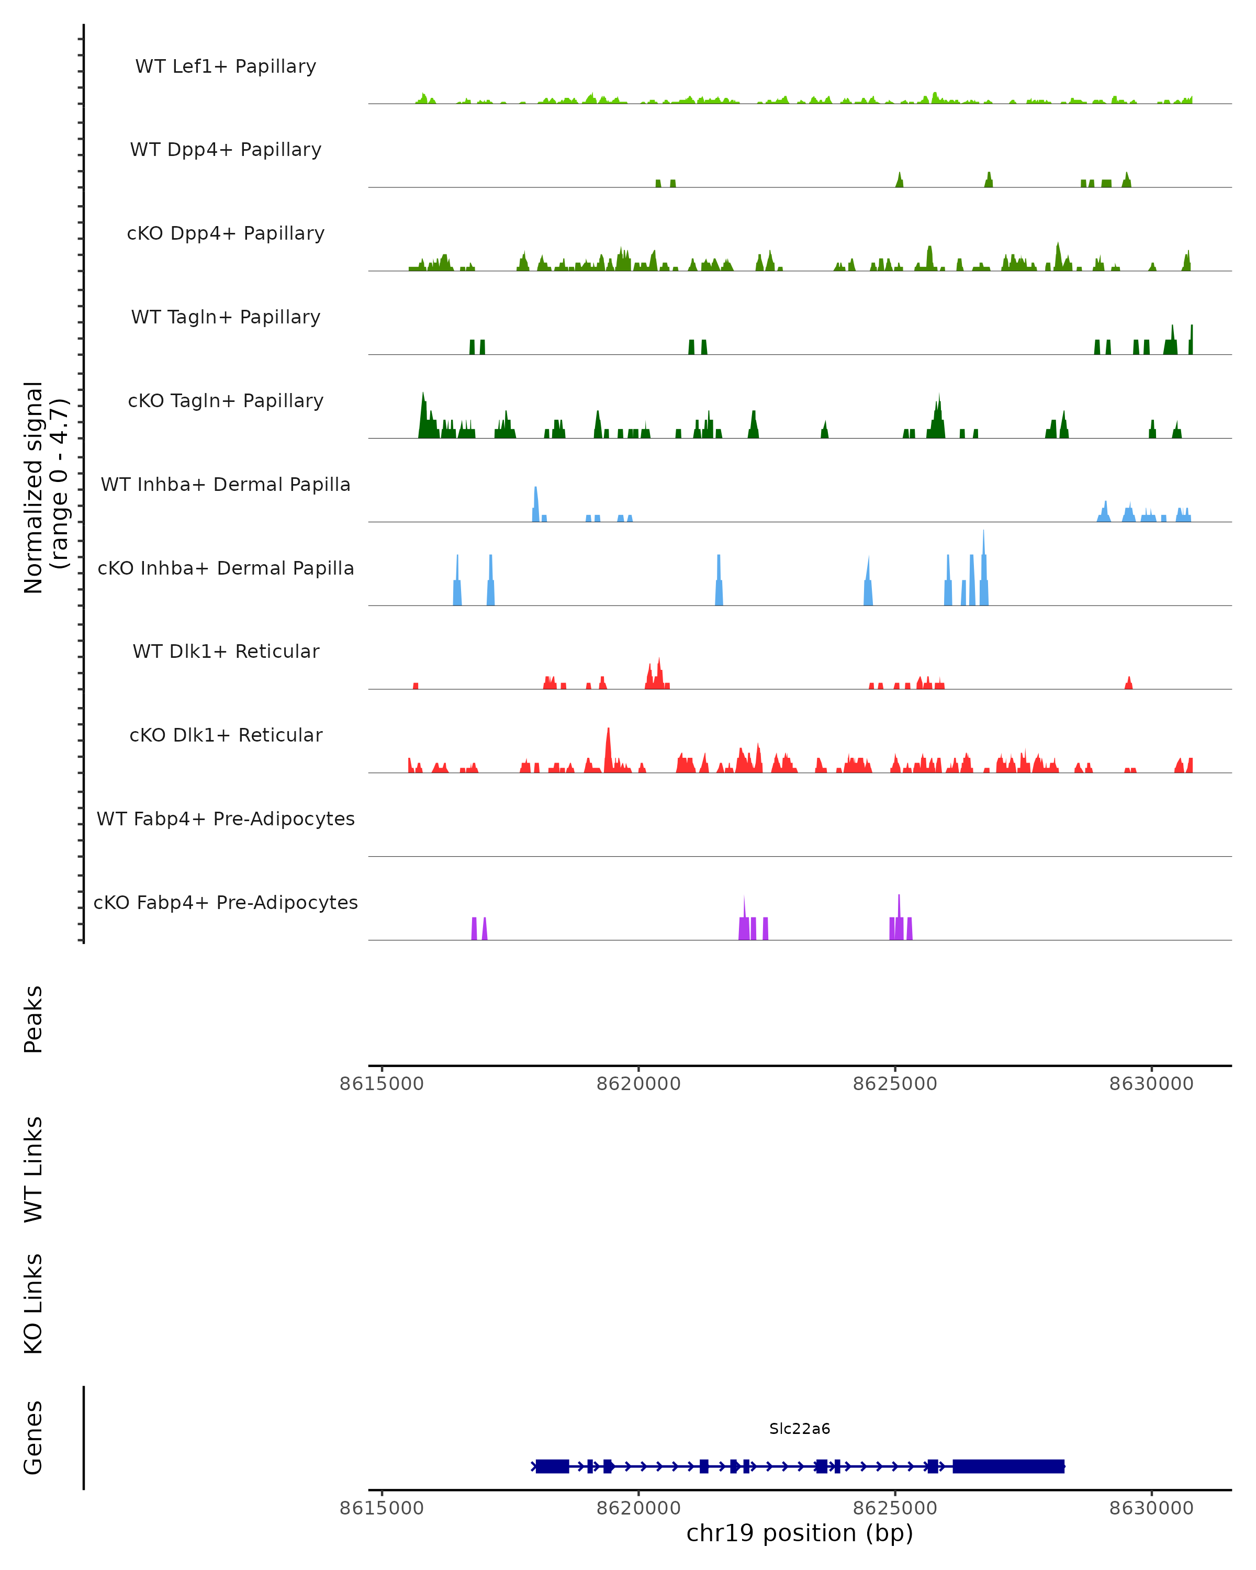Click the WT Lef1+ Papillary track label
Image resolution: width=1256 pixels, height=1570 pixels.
pos(226,66)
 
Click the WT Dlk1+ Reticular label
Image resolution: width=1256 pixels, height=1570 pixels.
pos(226,651)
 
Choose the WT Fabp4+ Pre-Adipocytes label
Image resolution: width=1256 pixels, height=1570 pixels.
pos(226,818)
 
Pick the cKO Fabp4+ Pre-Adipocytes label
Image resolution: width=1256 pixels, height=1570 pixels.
pos(226,902)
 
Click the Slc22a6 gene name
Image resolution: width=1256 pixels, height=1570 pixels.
pos(800,1429)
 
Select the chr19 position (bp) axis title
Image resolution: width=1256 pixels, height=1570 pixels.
pos(800,1533)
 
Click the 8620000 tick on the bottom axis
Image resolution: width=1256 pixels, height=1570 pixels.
pos(638,1508)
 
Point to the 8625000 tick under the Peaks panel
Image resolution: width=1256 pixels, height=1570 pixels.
pos(895,1084)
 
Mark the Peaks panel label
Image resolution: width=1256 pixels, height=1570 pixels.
pos(33,1019)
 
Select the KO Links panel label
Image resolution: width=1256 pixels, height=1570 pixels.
pos(33,1304)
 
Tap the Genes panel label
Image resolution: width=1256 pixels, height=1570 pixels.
pos(33,1438)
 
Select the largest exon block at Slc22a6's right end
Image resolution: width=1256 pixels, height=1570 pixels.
pos(1008,1466)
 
